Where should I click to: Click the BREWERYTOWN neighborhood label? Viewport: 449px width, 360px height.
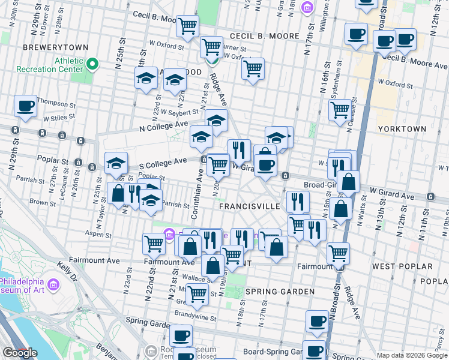pyautogui.click(x=55, y=47)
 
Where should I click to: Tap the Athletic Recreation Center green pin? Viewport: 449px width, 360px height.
pyautogui.click(x=92, y=64)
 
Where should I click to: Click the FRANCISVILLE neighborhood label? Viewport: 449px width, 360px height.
pyautogui.click(x=249, y=206)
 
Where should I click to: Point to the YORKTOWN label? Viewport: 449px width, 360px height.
pyautogui.click(x=402, y=129)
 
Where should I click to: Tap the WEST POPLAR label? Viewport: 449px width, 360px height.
pyautogui.click(x=402, y=266)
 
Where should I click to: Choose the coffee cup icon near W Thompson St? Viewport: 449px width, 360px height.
pyautogui.click(x=26, y=106)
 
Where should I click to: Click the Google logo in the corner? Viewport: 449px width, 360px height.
pyautogui.click(x=20, y=353)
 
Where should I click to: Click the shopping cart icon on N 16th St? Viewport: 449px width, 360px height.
pyautogui.click(x=340, y=110)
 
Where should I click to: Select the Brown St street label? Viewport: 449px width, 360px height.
pyautogui.click(x=43, y=203)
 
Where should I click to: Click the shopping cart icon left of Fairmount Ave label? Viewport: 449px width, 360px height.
pyautogui.click(x=154, y=244)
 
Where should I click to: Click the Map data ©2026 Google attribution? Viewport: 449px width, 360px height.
pyautogui.click(x=411, y=355)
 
